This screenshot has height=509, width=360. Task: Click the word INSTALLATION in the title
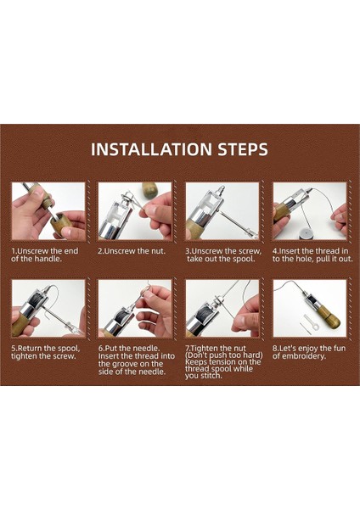click(x=151, y=149)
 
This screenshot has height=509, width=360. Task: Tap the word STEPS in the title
click(x=243, y=149)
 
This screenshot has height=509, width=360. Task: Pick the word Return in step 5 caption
click(x=29, y=349)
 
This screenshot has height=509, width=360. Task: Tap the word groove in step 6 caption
click(x=125, y=364)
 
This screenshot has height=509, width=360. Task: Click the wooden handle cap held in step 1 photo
click(x=62, y=224)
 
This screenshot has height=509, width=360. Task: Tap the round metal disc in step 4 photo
click(x=306, y=234)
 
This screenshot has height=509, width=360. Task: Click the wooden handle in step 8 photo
click(x=329, y=316)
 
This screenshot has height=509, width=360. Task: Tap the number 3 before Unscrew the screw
click(x=188, y=251)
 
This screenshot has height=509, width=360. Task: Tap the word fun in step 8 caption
click(x=340, y=349)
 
